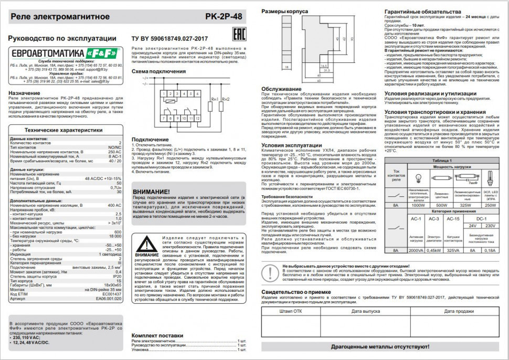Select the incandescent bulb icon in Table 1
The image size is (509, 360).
pyautogui.click(x=418, y=177)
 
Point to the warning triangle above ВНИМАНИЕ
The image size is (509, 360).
pyautogui.click(x=147, y=245)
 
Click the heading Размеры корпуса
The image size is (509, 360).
pyautogui.click(x=284, y=11)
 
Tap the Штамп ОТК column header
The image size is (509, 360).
pyautogui.click(x=290, y=311)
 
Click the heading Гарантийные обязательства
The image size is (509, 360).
pyautogui.click(x=422, y=11)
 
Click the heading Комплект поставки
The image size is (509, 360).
pyautogui.click(x=157, y=334)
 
